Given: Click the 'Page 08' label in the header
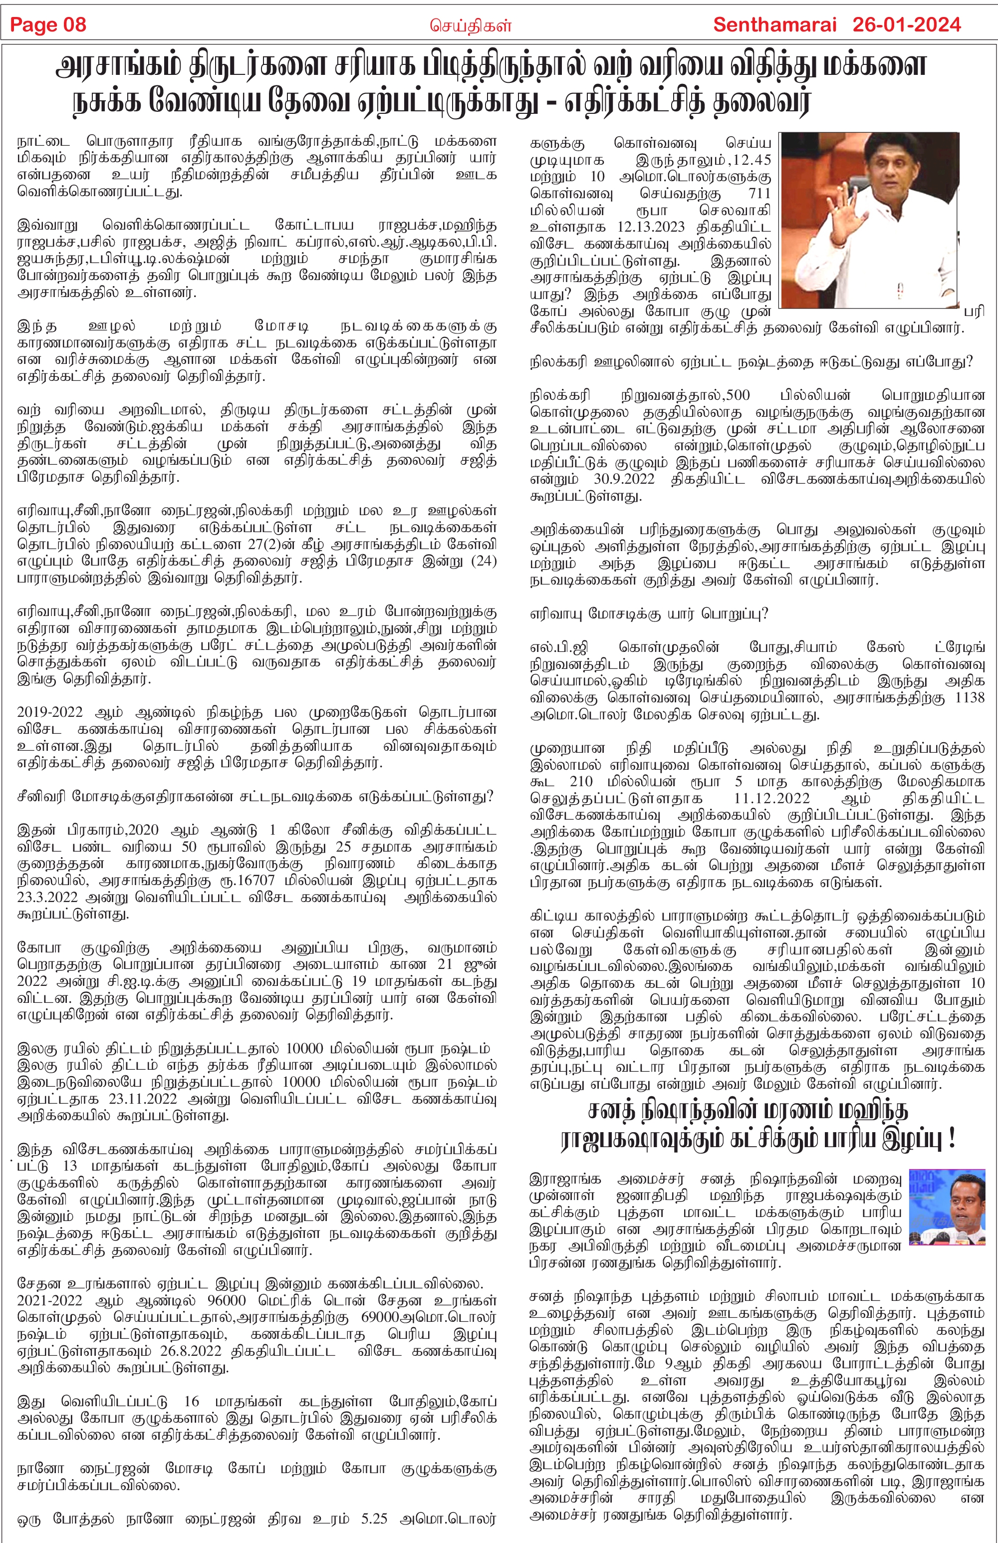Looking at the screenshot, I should [x=48, y=25].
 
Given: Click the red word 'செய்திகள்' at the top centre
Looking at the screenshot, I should [x=471, y=26].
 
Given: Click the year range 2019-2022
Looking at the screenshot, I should [x=49, y=712].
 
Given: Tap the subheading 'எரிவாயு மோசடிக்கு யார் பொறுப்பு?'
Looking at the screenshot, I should [x=649, y=614].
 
